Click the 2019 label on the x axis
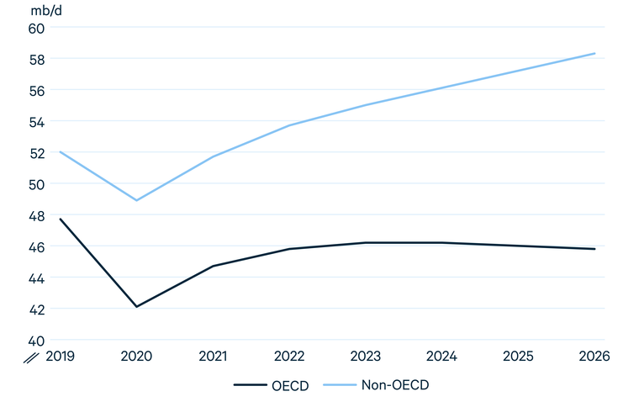[x=60, y=357]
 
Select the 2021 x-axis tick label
[x=213, y=357]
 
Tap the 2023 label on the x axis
[x=366, y=357]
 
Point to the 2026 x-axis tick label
[x=594, y=357]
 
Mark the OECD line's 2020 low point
[x=136, y=307]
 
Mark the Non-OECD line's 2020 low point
[x=136, y=200]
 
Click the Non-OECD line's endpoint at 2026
[x=594, y=54]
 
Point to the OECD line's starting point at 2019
[x=60, y=219]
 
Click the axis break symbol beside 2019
[x=32, y=357]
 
